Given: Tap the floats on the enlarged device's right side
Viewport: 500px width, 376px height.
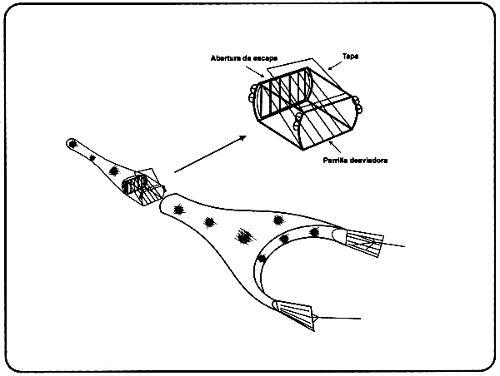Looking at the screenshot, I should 357,105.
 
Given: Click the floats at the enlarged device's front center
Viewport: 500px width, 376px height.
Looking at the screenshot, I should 297,127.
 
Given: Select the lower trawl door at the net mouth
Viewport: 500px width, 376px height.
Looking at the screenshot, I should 297,314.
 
